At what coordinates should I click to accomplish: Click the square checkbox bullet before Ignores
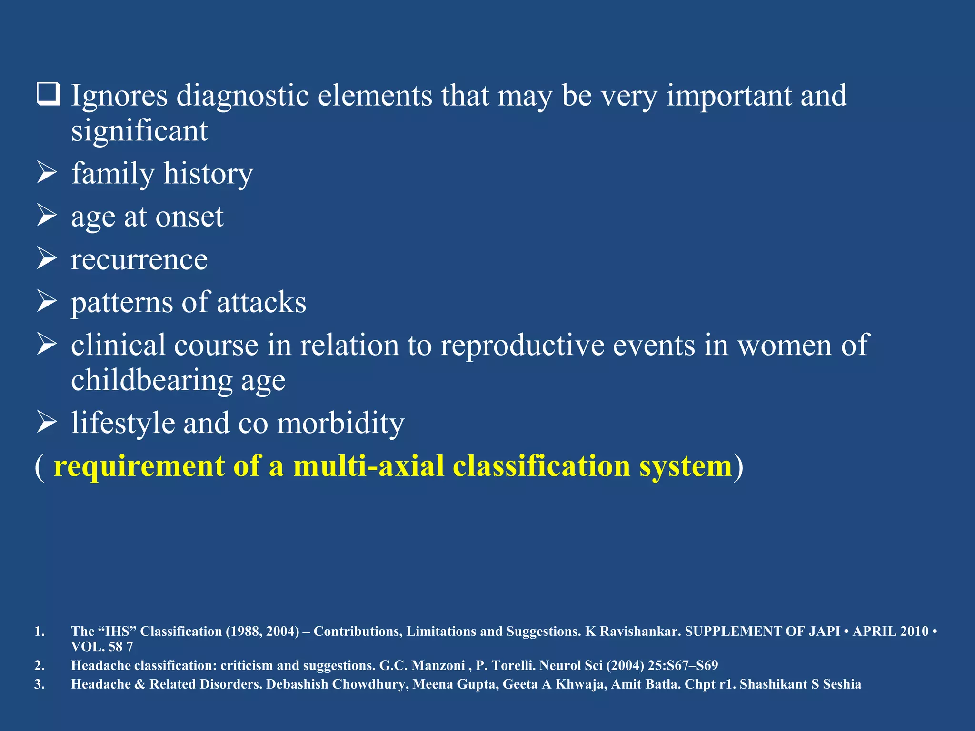48,94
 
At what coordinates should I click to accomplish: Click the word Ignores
119,96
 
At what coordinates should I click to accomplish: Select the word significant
139,131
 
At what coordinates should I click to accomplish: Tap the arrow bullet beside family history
47,173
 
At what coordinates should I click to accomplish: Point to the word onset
189,217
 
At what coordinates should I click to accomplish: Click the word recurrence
139,260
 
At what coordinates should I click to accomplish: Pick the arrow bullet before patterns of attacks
47,302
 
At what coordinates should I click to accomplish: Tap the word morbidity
340,423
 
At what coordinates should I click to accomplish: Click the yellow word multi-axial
368,466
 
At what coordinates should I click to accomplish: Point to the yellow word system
686,466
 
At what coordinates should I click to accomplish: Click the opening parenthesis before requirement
40,467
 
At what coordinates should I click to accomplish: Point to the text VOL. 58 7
102,647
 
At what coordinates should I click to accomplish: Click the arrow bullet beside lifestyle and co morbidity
47,423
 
